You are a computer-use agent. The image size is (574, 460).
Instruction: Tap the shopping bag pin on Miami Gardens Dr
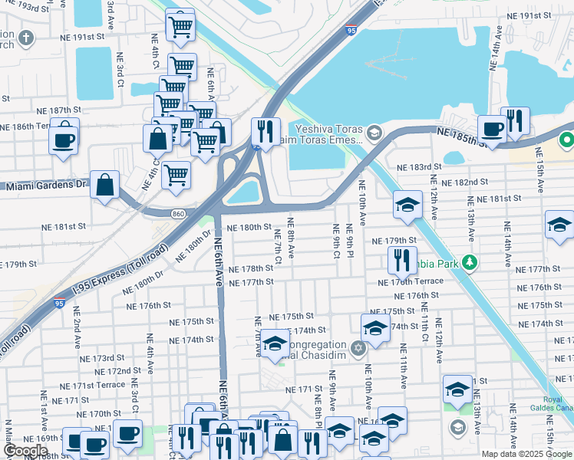click(x=104, y=185)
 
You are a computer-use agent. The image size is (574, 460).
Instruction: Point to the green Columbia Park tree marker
click(x=467, y=263)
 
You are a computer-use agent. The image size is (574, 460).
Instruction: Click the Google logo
click(x=25, y=451)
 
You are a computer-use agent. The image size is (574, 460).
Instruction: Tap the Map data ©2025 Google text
click(x=526, y=454)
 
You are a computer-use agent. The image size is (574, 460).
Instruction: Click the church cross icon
click(x=26, y=38)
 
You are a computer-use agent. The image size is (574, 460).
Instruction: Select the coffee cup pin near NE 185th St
click(x=491, y=128)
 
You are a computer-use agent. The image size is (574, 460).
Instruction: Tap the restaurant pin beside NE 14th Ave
click(x=515, y=120)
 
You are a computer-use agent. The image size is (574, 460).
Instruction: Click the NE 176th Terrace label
click(x=411, y=281)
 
